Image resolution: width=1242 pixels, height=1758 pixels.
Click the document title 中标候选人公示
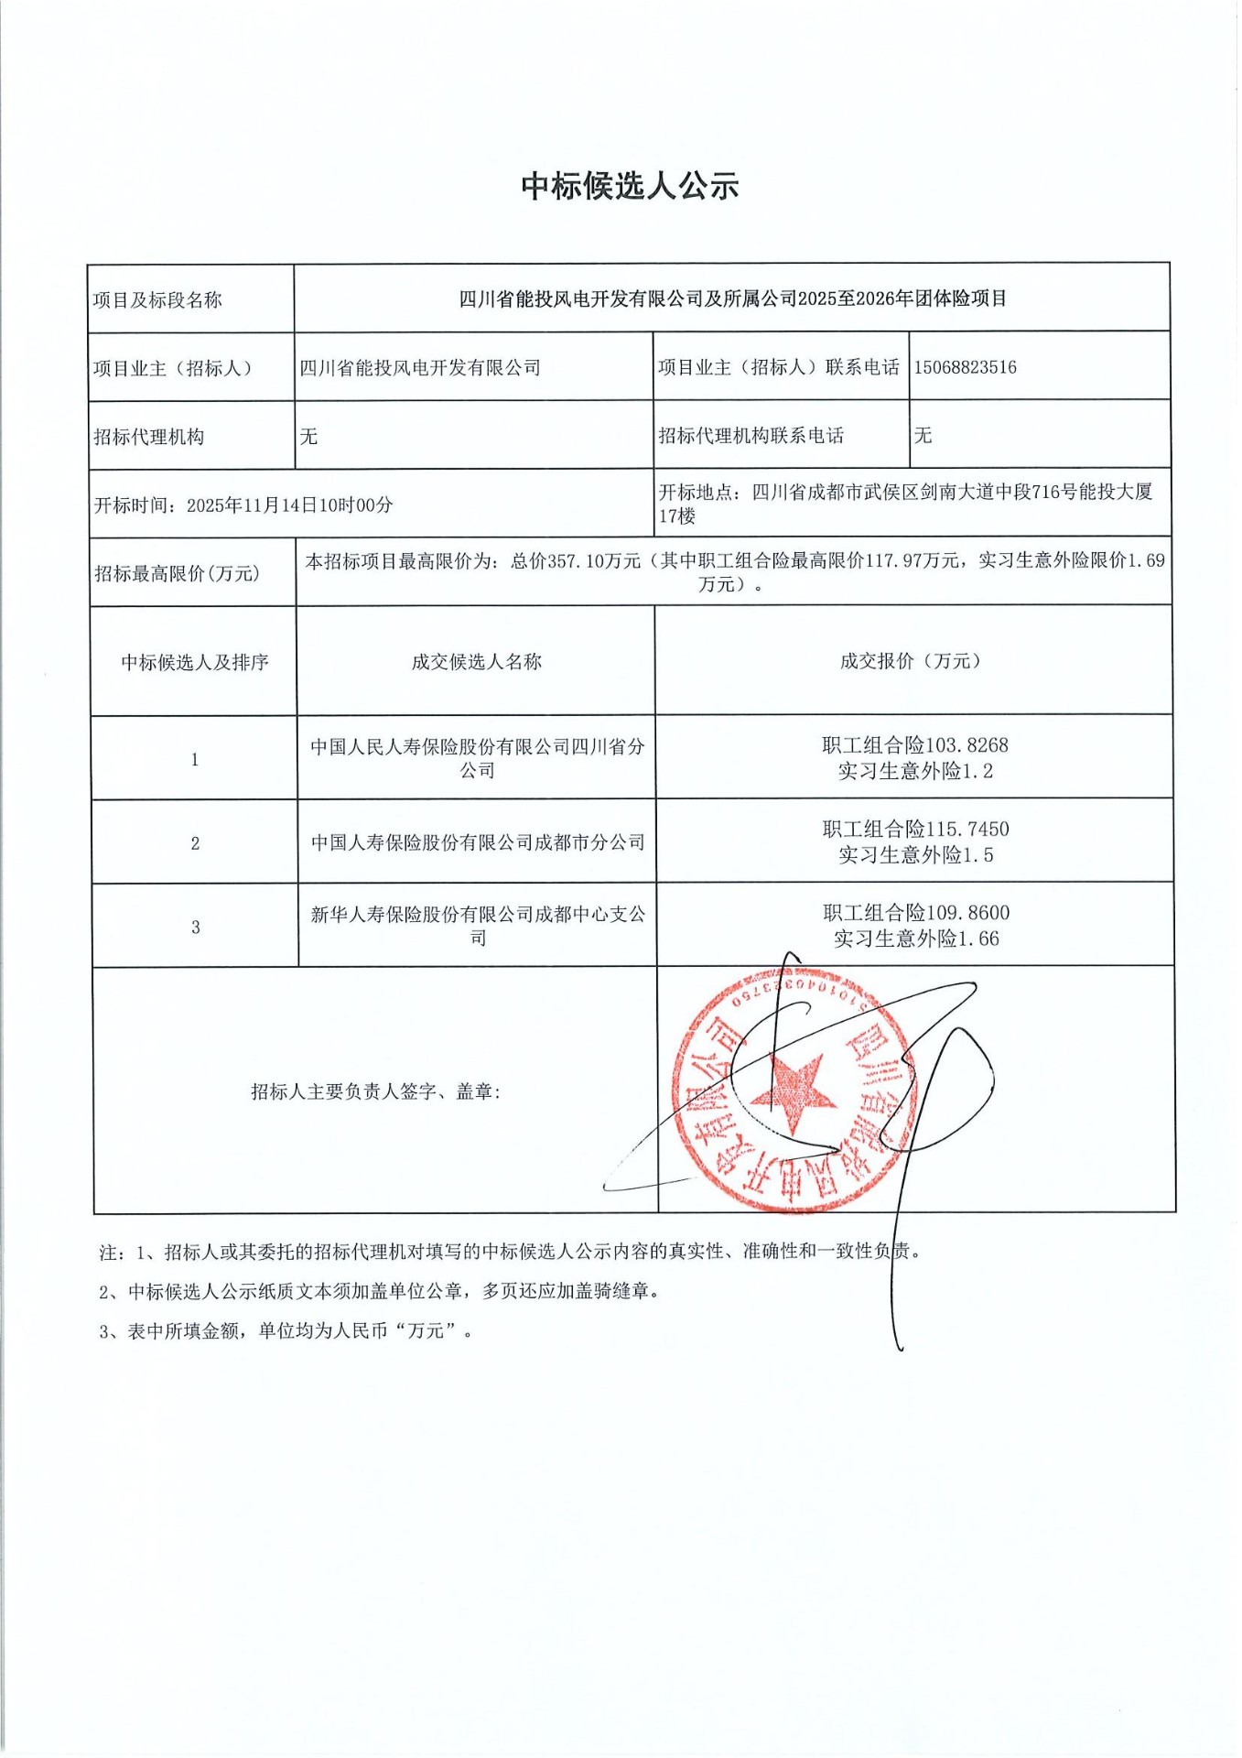point(630,186)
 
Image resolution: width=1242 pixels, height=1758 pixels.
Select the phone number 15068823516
point(965,367)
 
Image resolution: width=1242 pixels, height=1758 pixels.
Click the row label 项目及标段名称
point(157,300)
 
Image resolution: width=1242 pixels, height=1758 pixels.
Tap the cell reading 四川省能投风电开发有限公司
point(420,368)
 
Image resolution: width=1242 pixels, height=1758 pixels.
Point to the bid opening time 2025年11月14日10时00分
point(289,505)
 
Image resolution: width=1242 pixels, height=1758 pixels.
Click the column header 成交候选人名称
point(476,661)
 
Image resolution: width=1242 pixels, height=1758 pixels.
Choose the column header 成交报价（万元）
point(912,661)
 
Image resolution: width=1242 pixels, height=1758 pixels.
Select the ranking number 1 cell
point(195,759)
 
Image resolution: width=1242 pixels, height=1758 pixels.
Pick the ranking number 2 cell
point(195,843)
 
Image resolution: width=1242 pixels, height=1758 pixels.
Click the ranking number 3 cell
point(195,928)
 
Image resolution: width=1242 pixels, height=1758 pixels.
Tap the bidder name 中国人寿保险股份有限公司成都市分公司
point(478,842)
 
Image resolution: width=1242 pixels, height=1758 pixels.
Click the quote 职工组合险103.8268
point(914,745)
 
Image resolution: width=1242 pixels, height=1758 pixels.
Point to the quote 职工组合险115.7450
point(914,830)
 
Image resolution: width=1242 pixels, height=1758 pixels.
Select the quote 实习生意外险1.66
point(916,939)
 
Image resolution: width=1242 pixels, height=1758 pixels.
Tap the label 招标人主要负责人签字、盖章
point(376,1091)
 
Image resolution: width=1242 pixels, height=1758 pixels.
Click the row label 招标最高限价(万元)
point(177,574)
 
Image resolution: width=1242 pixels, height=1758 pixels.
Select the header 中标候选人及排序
point(195,662)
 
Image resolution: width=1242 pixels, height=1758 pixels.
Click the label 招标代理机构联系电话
point(751,436)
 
